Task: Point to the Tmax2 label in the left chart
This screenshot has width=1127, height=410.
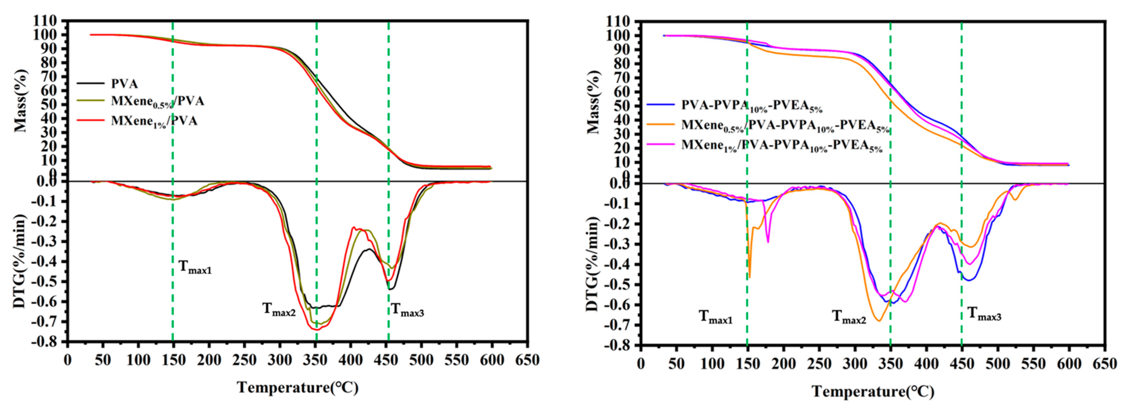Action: pos(279,309)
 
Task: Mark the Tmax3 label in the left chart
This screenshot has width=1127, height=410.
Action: pos(407,310)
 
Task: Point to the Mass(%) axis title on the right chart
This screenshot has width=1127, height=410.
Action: pos(593,102)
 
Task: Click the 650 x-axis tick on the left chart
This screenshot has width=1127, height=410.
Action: pos(527,360)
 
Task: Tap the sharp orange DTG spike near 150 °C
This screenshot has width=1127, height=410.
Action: pos(749,275)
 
